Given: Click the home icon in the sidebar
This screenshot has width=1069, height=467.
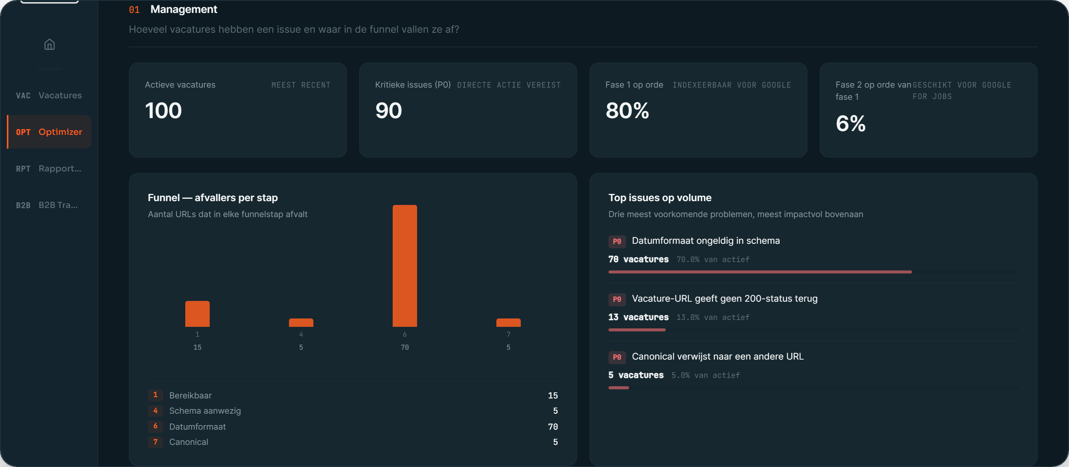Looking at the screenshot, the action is pos(50,45).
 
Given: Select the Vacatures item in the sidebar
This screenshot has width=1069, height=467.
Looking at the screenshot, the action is pos(49,95).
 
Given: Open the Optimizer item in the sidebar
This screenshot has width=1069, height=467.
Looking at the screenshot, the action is pos(49,132).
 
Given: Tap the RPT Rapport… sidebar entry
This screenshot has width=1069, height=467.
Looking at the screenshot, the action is pos(49,168).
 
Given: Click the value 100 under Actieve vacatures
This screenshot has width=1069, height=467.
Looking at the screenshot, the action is pos(164,111).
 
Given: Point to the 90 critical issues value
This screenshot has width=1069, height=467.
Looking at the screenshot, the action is pos(388,111).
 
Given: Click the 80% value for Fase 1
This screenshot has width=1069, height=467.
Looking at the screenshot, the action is pos(627,111).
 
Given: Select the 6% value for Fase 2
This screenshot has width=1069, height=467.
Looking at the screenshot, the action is pos(851,123).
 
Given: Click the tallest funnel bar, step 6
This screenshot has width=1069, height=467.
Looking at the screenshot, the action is pos(404,266).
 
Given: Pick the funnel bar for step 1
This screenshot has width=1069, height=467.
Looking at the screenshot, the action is pos(197,314).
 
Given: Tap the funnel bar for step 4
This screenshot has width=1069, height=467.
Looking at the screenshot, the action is pos(301,323).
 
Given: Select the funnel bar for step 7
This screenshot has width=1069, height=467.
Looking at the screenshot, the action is pos(508,323).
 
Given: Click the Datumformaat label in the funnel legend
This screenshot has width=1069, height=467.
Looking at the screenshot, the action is pos(197,427).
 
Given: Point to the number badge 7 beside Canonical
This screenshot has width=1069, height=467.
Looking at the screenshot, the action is pos(156,442).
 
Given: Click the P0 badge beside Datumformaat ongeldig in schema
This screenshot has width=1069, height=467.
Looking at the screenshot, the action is pos(617,241).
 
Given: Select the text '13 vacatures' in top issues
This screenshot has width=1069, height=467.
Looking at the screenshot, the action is pos(639,317).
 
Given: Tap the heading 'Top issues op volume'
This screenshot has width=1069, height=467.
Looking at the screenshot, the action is pos(660,198).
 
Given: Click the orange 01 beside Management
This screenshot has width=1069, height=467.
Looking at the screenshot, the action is pos(134,10).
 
